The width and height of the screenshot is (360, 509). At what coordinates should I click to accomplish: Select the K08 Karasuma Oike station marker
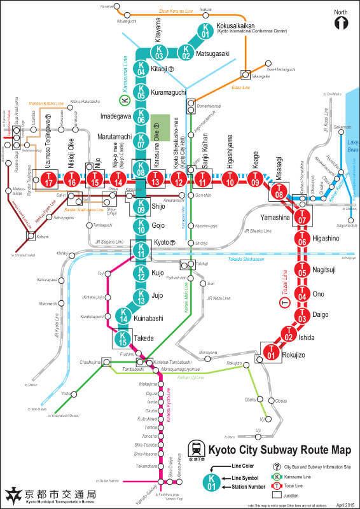[141, 169]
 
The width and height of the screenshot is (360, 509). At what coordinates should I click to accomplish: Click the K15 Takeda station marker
[123, 339]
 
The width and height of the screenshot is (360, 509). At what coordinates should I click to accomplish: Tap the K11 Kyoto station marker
[141, 249]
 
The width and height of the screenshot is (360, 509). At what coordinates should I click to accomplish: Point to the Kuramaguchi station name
[169, 92]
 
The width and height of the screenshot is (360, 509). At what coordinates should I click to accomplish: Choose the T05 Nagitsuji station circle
[302, 270]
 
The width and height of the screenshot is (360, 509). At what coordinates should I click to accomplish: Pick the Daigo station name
[322, 314]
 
